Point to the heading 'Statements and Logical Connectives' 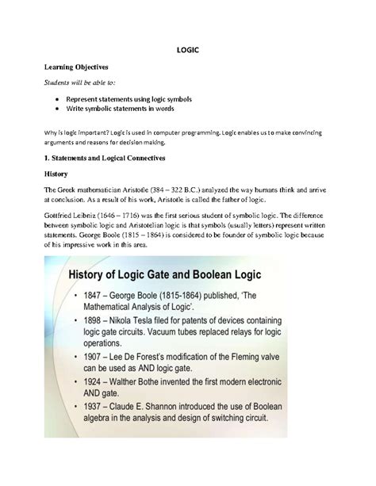109,159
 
